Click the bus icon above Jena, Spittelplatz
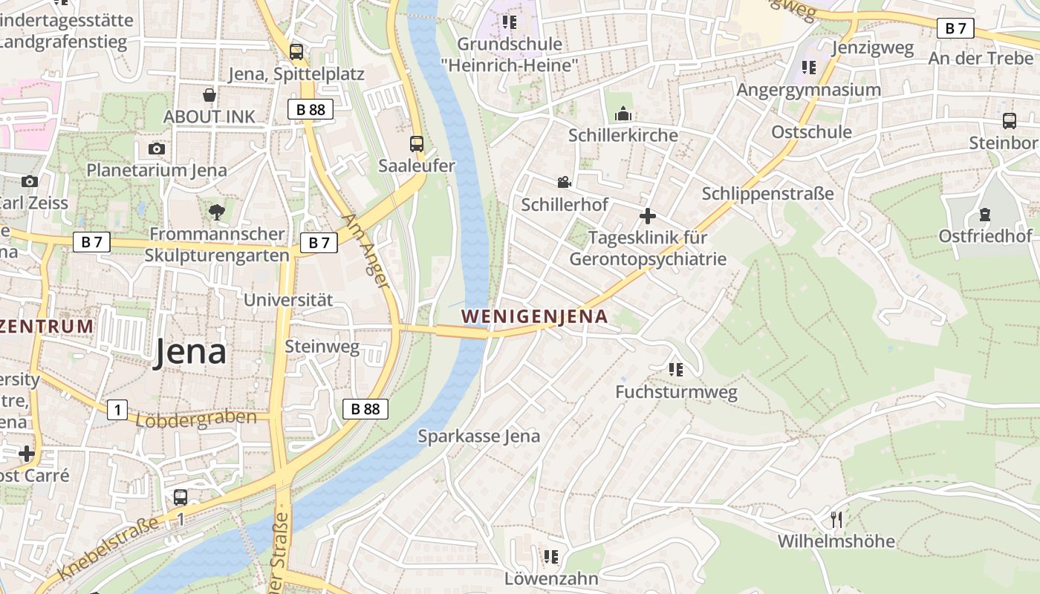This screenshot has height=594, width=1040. click(296, 52)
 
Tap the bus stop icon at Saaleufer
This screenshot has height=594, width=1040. click(417, 144)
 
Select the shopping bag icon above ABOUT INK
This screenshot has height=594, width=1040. click(209, 95)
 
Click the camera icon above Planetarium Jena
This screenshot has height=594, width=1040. click(156, 148)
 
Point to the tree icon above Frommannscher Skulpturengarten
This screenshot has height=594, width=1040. click(217, 212)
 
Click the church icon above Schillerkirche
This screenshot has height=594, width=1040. click(623, 114)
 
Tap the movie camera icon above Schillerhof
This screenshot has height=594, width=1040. click(564, 182)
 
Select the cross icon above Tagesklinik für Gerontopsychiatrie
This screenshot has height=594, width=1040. click(648, 216)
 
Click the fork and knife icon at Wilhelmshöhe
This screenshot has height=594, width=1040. click(836, 519)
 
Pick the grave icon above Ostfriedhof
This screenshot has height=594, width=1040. click(985, 215)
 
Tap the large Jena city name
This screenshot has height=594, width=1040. click(189, 352)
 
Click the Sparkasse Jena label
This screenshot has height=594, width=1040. click(478, 436)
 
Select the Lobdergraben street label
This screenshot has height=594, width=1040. click(197, 419)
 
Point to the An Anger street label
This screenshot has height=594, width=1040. click(367, 251)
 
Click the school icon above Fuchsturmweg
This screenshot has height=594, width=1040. click(675, 369)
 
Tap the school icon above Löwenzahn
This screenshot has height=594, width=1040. click(550, 556)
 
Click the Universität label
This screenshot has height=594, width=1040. click(288, 300)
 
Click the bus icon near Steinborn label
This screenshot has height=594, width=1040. click(1009, 121)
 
